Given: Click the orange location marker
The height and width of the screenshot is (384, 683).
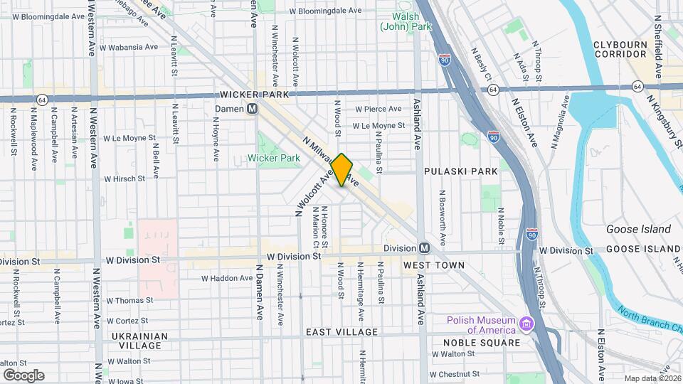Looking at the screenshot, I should (x=342, y=169).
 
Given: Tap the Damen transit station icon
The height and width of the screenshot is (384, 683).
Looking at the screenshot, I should (x=252, y=110).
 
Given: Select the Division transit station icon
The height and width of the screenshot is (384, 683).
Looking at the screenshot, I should (x=424, y=247).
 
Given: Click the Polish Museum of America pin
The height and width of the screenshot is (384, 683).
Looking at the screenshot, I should (x=526, y=324).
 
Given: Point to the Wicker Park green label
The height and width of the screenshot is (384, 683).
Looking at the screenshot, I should (x=274, y=157).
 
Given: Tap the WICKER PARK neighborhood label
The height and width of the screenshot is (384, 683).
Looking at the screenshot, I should (x=254, y=95).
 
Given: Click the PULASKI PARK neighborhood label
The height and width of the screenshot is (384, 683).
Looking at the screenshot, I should (x=460, y=171).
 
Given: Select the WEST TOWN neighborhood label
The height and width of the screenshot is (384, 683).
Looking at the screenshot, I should (x=433, y=265).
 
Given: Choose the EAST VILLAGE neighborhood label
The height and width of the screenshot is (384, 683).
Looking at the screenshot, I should (x=341, y=332).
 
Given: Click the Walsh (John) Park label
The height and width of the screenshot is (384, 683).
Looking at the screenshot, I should (x=406, y=21).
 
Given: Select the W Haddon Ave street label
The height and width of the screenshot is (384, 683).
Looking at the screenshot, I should (x=227, y=278).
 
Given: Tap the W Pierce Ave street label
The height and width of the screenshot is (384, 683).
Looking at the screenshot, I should (x=379, y=109).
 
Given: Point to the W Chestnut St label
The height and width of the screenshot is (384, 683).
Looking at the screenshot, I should (x=455, y=374).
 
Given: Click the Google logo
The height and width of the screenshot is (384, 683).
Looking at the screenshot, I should (x=23, y=375).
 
